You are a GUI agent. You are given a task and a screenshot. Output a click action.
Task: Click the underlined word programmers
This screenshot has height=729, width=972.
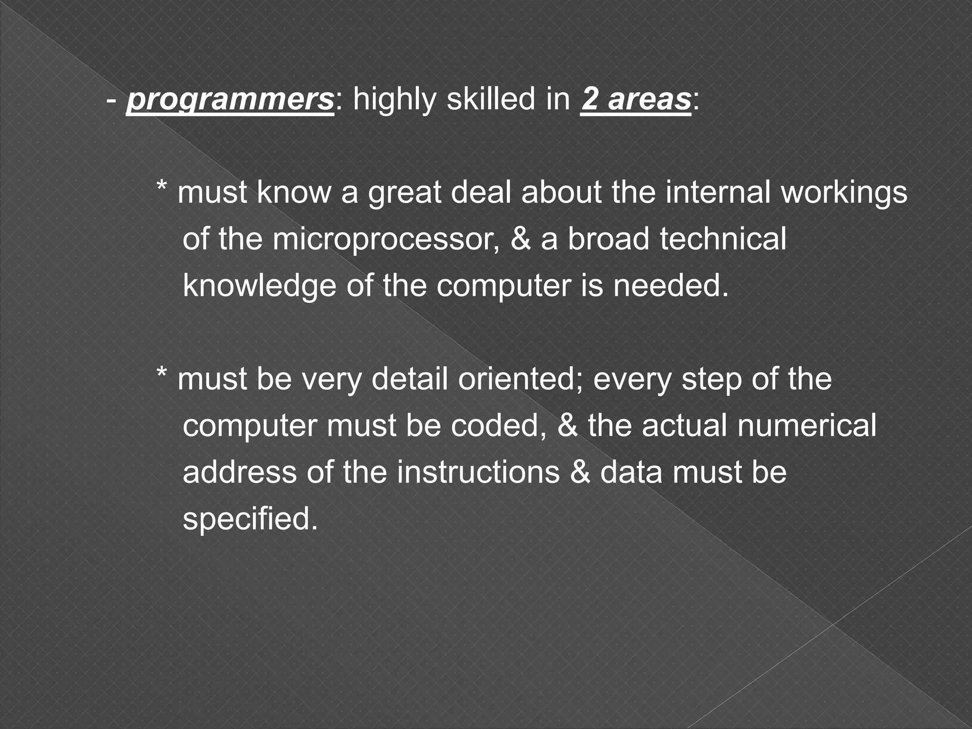click(231, 100)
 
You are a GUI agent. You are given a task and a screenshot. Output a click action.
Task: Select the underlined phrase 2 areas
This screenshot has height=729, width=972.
click(636, 100)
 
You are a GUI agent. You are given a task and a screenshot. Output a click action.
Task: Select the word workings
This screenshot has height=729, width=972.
click(844, 193)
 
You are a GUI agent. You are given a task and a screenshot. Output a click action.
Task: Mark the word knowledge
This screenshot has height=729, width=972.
click(260, 286)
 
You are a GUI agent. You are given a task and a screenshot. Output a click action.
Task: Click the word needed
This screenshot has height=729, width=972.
click(671, 286)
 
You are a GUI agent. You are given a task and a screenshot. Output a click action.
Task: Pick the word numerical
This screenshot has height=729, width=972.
click(806, 426)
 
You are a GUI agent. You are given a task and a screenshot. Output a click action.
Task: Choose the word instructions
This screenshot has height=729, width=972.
click(478, 472)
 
